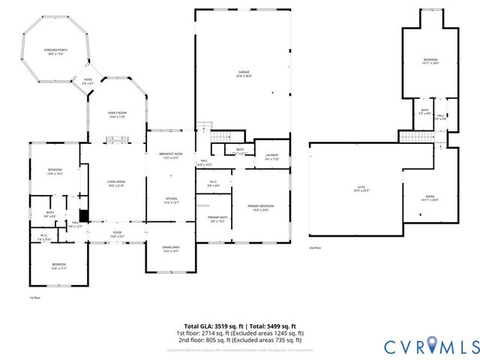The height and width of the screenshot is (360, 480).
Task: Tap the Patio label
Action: [88, 82]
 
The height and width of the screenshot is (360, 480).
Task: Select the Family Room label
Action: [117, 114]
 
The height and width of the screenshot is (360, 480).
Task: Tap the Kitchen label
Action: [172, 201]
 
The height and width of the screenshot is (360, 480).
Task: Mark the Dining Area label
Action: [171, 249]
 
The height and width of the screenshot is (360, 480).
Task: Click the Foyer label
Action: [117, 234]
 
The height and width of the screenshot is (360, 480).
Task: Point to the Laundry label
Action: [271, 157]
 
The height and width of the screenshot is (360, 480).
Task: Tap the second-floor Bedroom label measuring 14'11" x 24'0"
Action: [430, 61]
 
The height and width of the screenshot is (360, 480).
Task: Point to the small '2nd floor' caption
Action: [315, 247]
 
